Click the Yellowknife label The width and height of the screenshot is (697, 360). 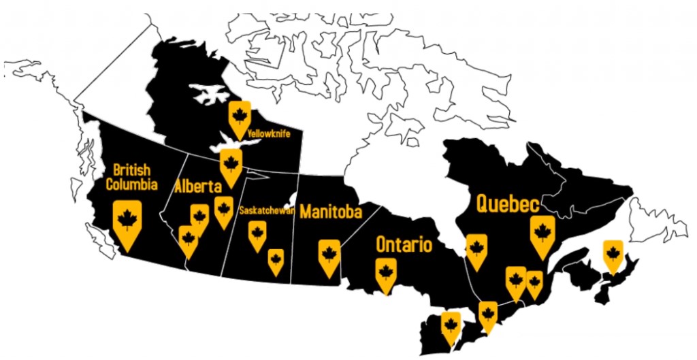click(x=270, y=134)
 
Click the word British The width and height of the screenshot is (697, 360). click(x=131, y=169)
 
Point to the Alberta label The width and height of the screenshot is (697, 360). click(x=198, y=186)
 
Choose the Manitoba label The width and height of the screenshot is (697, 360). click(x=330, y=212)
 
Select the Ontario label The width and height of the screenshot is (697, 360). click(x=404, y=244)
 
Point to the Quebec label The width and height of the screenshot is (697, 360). click(x=508, y=203)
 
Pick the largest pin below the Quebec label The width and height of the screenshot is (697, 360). click(x=542, y=233)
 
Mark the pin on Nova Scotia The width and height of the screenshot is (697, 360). click(x=613, y=255)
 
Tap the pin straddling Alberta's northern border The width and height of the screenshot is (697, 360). click(x=231, y=165)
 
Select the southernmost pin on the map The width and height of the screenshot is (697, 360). click(x=450, y=327)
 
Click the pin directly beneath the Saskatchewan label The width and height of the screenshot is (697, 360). click(x=257, y=235)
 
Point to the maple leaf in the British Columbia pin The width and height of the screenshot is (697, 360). click(x=127, y=218)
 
